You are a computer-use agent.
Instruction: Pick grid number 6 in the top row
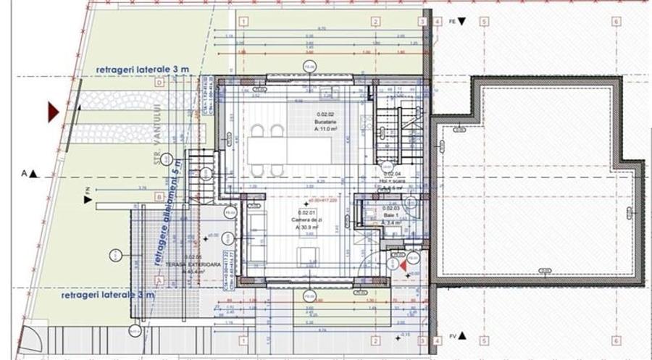(615, 22)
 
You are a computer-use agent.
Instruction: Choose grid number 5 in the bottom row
(483, 340)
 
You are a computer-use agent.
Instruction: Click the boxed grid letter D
(159, 83)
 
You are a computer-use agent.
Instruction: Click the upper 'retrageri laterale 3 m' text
(142, 69)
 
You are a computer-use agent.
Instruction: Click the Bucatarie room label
(324, 121)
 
